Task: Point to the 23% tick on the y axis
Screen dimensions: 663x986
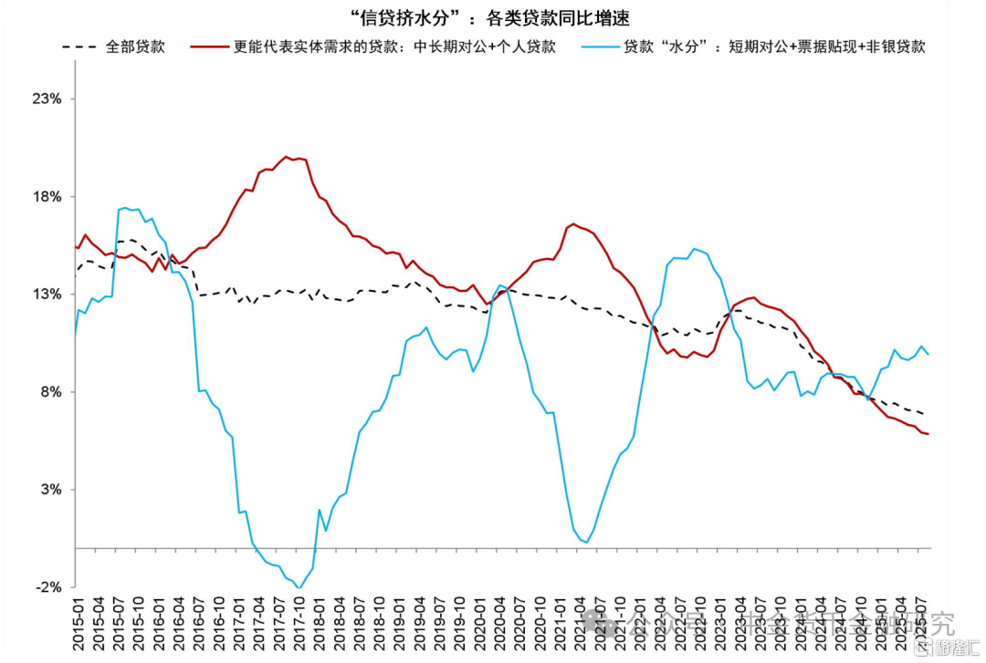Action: coord(47,98)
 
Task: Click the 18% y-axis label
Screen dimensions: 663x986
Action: coord(47,197)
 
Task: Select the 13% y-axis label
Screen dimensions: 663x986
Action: coord(47,295)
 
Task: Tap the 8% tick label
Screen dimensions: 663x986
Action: coord(49,392)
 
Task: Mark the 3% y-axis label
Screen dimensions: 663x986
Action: coord(49,490)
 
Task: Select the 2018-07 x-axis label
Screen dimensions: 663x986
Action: coord(359,625)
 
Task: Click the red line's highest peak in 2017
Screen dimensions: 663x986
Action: coord(286,156)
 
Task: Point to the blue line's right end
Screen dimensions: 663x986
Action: coord(928,354)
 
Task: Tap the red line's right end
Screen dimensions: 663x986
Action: coord(928,434)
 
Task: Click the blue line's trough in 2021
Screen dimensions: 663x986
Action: coord(584,542)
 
